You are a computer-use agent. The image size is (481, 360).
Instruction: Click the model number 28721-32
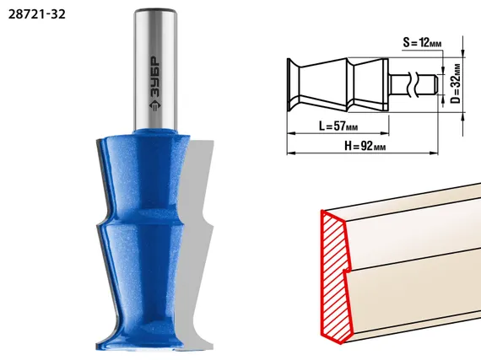pyautogui.click(x=37, y=14)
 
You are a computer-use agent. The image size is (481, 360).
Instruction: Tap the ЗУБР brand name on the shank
pyautogui.click(x=155, y=78)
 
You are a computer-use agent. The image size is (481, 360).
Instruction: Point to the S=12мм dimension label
pyautogui.click(x=422, y=42)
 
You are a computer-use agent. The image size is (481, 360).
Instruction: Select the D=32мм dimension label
pyautogui.click(x=457, y=83)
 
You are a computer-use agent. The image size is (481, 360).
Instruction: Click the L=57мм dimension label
pyautogui.click(x=338, y=126)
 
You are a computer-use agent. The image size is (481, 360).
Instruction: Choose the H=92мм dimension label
pyautogui.click(x=365, y=146)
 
